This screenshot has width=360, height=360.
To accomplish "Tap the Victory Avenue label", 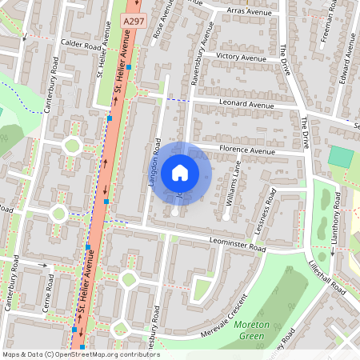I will (241, 58).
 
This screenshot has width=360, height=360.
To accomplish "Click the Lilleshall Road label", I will (326, 274).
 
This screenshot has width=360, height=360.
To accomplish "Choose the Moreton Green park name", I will (252, 330).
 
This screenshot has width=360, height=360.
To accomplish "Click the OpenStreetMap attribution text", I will (80, 354).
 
